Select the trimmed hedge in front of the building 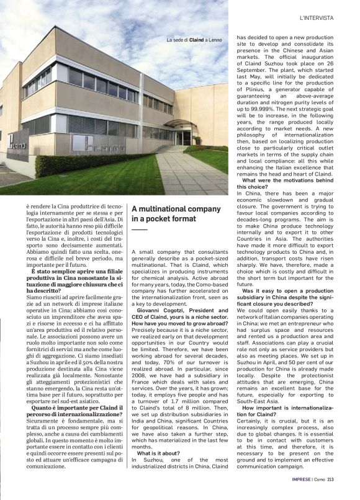click(93, 164)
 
